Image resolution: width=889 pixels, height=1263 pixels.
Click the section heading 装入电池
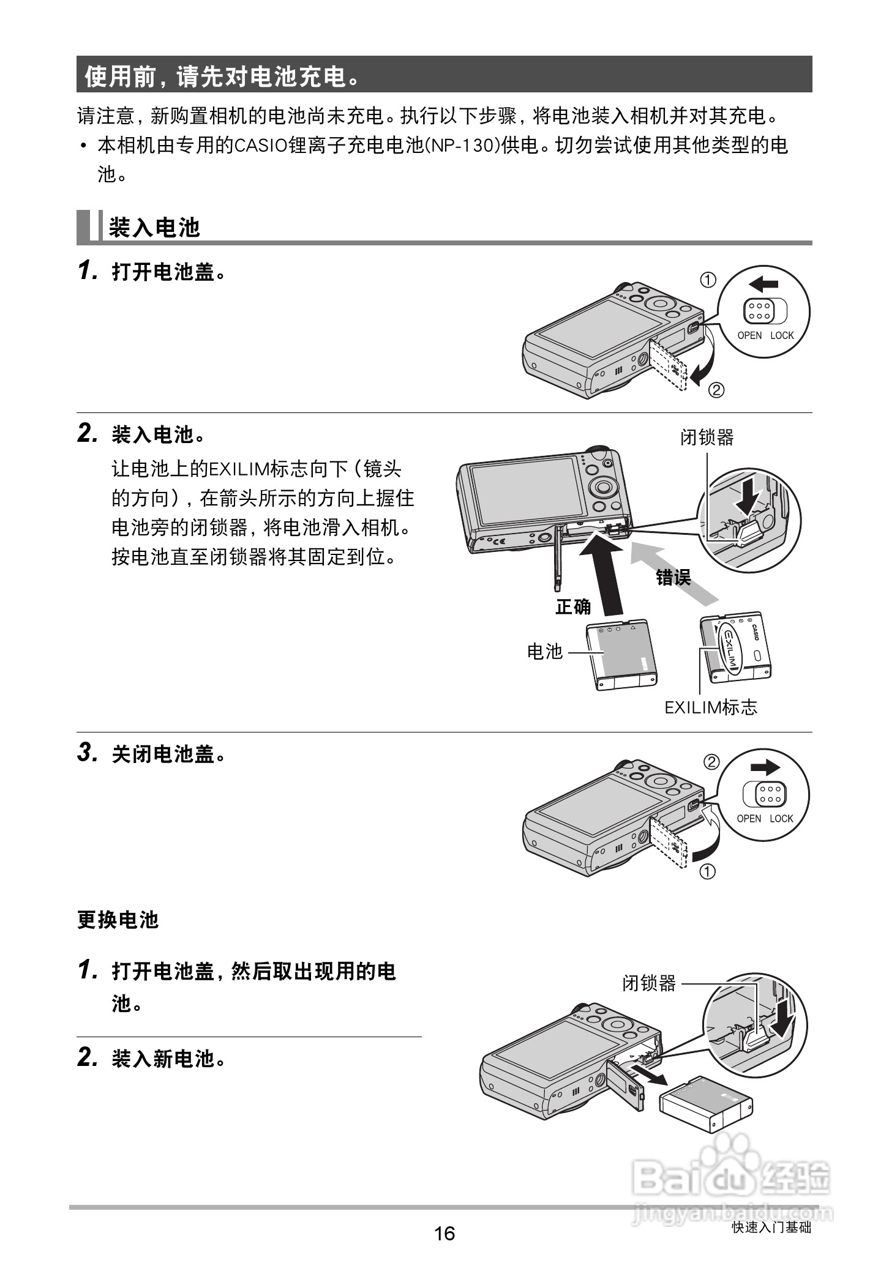154,228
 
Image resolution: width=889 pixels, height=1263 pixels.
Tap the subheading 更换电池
118,920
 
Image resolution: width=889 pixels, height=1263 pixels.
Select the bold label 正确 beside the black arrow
573,606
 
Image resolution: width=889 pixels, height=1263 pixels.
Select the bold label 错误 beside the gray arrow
673,576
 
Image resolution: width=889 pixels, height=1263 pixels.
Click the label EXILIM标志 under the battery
711,707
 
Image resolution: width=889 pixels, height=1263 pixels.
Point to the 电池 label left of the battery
544,651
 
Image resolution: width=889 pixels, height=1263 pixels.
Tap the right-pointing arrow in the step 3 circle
765,767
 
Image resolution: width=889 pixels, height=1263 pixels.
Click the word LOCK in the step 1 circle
781,335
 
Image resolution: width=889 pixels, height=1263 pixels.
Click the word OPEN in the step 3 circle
748,819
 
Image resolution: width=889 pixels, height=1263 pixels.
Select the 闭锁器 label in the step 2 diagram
707,438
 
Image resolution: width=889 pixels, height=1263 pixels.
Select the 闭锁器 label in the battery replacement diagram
649,983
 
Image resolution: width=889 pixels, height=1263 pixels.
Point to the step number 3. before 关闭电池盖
88,753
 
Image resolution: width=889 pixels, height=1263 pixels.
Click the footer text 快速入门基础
771,1228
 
